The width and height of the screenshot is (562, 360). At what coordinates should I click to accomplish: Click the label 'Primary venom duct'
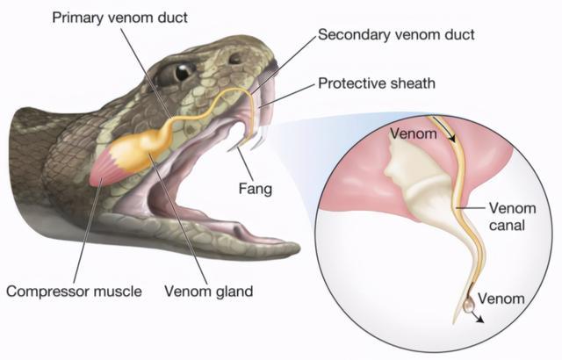tap(119, 18)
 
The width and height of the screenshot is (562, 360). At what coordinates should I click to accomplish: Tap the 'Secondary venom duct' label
tap(396, 34)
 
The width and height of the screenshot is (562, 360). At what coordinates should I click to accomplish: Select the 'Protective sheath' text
tap(377, 83)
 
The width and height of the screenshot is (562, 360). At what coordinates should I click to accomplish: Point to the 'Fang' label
tap(256, 189)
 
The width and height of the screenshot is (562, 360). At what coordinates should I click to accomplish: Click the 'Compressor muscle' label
tap(74, 291)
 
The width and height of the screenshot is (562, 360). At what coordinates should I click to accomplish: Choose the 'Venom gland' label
tap(209, 291)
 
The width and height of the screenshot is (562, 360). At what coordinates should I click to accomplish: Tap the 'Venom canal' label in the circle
tap(513, 217)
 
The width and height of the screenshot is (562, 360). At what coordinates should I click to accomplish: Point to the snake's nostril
tap(235, 58)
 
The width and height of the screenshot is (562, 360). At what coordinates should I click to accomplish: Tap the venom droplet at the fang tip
tap(468, 306)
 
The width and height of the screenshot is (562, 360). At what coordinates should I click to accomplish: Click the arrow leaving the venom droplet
tap(478, 317)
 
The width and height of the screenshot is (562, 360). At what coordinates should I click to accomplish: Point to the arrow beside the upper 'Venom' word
tap(443, 130)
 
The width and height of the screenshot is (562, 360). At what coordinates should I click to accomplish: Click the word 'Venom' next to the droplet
tap(501, 298)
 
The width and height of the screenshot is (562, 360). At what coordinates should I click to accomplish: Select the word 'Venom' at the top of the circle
tap(414, 133)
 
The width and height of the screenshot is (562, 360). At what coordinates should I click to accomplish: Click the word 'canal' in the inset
tap(507, 226)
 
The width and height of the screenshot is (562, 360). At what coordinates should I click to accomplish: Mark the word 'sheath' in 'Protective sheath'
tap(413, 83)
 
